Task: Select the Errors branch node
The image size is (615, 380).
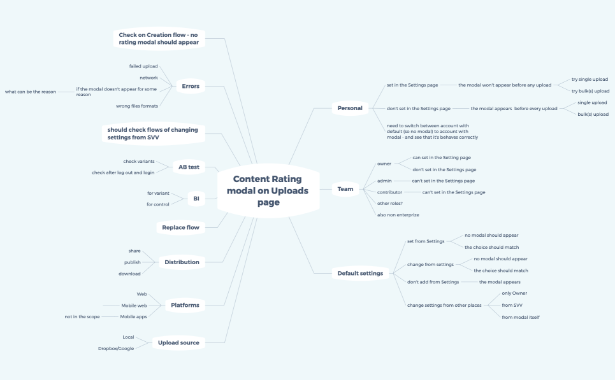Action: (191, 86)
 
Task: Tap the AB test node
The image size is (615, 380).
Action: (189, 167)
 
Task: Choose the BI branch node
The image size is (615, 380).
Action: (196, 199)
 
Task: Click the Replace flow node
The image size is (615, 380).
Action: (180, 227)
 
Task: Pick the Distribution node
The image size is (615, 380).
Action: (182, 262)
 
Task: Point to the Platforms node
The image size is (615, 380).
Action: (185, 306)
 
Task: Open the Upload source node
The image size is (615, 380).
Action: (178, 342)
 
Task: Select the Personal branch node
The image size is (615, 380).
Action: (350, 108)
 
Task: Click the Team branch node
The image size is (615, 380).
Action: (345, 189)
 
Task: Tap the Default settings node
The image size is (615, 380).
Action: (360, 273)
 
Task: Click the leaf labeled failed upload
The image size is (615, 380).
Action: (143, 66)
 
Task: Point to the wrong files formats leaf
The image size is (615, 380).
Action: (137, 106)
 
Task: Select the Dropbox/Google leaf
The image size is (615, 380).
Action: (116, 348)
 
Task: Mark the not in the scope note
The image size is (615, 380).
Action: (82, 316)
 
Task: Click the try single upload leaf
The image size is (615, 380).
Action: (590, 80)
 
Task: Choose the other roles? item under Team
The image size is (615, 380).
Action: (390, 203)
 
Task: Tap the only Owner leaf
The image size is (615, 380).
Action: (514, 293)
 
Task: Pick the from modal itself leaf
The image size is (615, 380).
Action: (521, 317)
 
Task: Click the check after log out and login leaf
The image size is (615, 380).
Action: (123, 172)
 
